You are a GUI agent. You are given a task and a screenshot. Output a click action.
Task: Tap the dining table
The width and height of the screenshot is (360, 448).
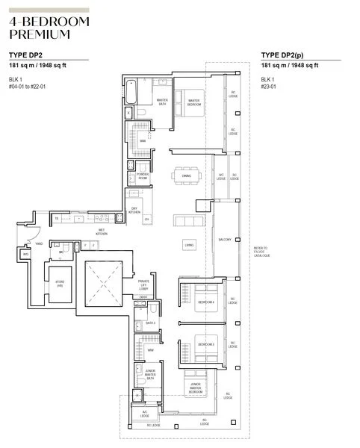(186, 176)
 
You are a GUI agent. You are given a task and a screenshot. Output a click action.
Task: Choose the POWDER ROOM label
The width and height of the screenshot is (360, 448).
(143, 176)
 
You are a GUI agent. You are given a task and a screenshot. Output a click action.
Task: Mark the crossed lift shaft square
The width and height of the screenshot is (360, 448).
(102, 283)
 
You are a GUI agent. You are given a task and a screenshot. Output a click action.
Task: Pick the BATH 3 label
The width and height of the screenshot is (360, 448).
(151, 322)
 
